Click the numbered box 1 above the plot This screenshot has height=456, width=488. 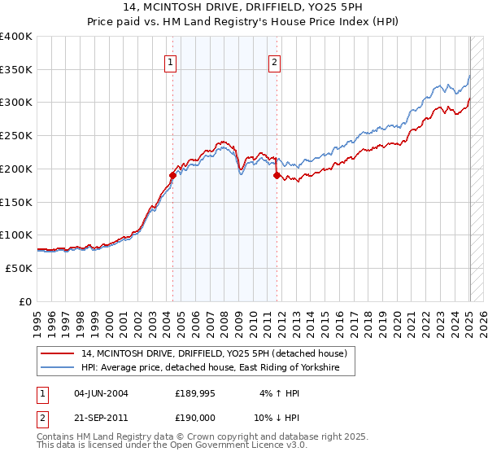[171, 62]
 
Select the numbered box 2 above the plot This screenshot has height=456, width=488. [275, 62]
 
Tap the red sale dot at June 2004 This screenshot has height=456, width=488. [172, 175]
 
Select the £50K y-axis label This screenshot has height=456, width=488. [19, 268]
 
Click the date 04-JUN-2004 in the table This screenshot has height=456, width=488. [101, 393]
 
